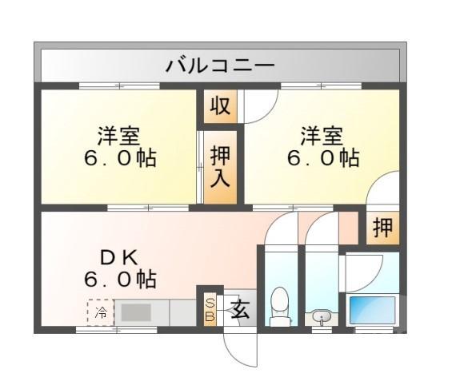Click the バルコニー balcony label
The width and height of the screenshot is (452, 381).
click(220, 65)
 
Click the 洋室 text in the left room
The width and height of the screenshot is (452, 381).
click(120, 133)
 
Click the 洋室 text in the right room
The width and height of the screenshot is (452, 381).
click(322, 133)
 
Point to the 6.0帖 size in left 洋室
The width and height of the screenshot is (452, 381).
click(120, 157)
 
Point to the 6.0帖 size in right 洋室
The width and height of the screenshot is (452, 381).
click(322, 157)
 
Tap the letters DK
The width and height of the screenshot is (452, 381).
click(120, 257)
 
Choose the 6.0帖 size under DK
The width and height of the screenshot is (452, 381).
click(120, 280)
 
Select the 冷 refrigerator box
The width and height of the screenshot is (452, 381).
click(101, 312)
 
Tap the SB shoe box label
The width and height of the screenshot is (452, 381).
click(210, 309)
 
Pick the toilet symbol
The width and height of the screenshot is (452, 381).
click(280, 308)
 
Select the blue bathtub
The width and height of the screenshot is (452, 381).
click(372, 309)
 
